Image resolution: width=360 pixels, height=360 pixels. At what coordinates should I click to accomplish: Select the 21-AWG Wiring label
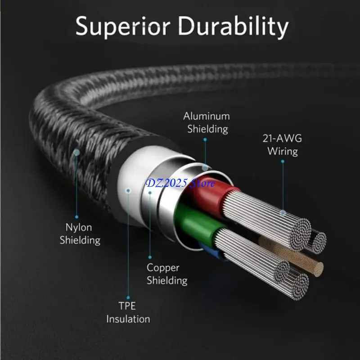point(283,144)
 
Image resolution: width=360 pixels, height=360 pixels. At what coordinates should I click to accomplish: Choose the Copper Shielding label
point(166,274)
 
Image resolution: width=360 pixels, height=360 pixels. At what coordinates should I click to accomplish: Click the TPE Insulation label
point(128,313)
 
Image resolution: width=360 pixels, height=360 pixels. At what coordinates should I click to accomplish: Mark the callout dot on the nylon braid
point(77,153)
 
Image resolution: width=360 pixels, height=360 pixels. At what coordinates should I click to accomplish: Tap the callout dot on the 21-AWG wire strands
point(283,212)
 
